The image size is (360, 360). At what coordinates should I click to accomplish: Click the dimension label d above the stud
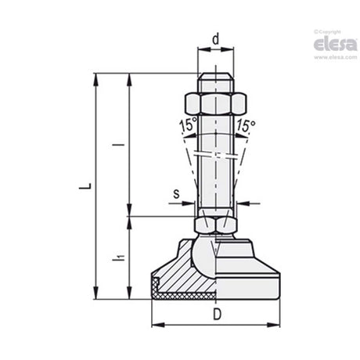coord(216,39)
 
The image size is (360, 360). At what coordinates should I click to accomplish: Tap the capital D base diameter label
coord(217,314)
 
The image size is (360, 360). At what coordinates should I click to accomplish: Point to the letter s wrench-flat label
coord(176,194)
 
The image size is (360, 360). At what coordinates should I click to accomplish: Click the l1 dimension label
coord(118,257)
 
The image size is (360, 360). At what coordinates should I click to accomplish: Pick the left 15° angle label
coord(188,124)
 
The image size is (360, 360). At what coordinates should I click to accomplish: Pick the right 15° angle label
coord(246,125)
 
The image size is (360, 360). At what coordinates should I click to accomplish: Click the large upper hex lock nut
coord(215,104)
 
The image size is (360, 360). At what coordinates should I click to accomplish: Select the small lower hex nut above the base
coord(215,225)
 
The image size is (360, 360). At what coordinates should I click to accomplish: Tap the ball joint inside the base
coord(205,257)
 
